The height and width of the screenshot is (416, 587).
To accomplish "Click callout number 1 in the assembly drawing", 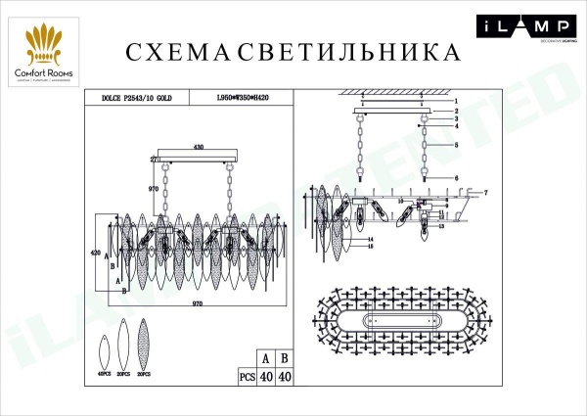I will [456, 102].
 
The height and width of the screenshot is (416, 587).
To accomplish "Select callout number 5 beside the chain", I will [456, 145].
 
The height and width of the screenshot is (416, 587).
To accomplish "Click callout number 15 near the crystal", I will [372, 247].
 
